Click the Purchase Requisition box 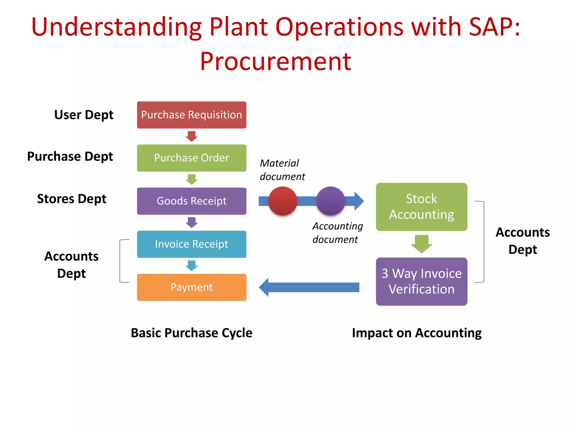pos(191,115)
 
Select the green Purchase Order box pos(191,158)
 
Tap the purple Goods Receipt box pos(191,201)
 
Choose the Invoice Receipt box pos(191,244)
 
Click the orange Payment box pos(191,287)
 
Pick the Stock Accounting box pos(421,207)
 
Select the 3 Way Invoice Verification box pos(421,281)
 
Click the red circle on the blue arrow pos(282,201)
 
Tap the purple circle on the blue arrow pos(330,201)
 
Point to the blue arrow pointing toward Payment pos(309,287)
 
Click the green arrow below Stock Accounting pos(421,244)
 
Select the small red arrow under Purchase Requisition pos(191,136)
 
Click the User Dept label pos(84,115)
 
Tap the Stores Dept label pos(72,199)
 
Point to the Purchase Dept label pos(70,156)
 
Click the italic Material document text pos(282,170)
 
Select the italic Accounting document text pos(337,233)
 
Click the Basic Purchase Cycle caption pos(191,333)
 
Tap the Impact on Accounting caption pos(417,333)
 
